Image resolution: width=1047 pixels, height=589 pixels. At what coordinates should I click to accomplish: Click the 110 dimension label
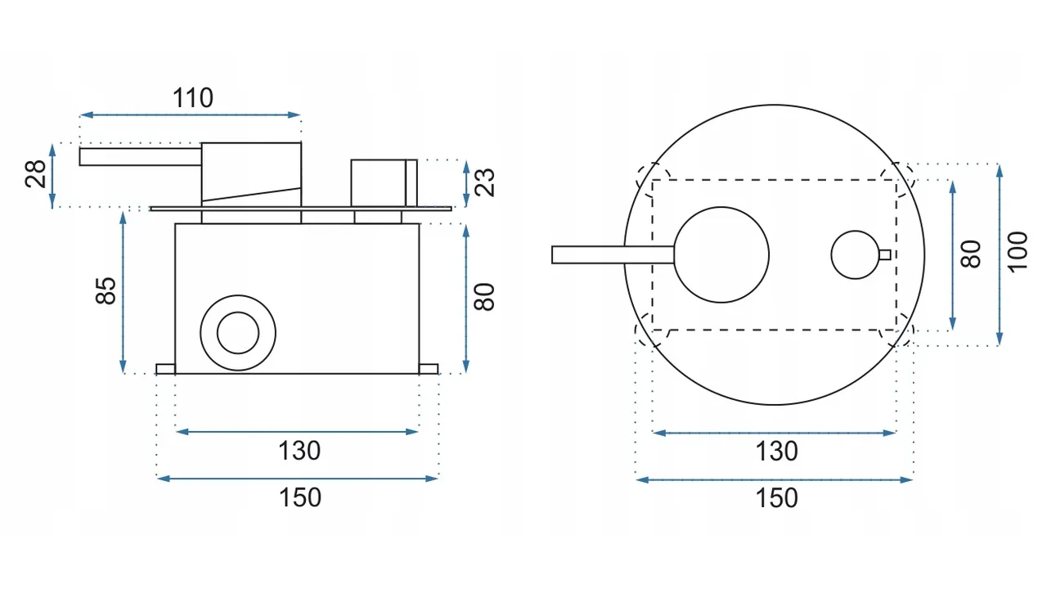pos(192,98)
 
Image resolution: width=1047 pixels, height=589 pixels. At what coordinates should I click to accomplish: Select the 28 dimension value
pos(35,174)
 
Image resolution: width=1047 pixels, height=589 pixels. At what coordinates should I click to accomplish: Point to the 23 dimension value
pos(484,182)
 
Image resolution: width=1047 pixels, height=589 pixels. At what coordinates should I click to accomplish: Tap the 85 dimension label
pos(106,290)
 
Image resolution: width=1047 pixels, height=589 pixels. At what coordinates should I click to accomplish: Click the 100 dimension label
pos(1017,251)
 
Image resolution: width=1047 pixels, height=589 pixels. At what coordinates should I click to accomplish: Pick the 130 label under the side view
pos(299,451)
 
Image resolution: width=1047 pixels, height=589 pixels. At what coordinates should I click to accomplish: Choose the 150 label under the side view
pos(300,497)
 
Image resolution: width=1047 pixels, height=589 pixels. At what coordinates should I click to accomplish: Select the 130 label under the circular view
pos(776,452)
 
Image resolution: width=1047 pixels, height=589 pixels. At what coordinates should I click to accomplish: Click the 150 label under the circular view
pos(776,498)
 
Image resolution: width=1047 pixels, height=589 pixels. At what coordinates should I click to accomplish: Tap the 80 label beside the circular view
pos(970,254)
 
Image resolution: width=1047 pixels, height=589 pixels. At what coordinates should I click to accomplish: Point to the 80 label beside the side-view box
pos(483,297)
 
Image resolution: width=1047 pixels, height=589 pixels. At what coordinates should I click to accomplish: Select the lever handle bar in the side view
pos(140,156)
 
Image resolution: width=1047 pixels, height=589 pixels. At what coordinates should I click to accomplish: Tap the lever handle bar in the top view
pos(613,254)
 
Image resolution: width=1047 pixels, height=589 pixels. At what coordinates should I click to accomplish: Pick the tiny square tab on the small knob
pos(885,254)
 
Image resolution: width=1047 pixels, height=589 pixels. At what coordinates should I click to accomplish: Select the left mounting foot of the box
pos(165,369)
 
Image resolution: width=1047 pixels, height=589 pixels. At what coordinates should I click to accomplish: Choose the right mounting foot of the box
pos(429,369)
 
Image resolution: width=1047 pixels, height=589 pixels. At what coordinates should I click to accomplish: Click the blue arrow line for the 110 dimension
pos(190,115)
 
